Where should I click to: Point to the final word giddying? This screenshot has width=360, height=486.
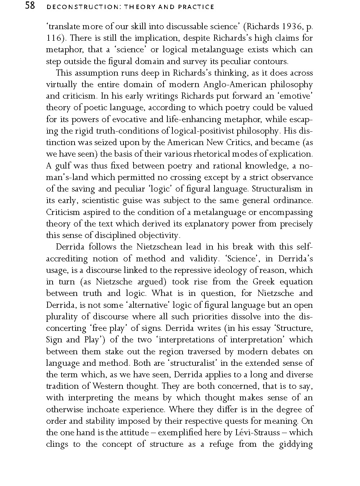(x=296, y=444)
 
